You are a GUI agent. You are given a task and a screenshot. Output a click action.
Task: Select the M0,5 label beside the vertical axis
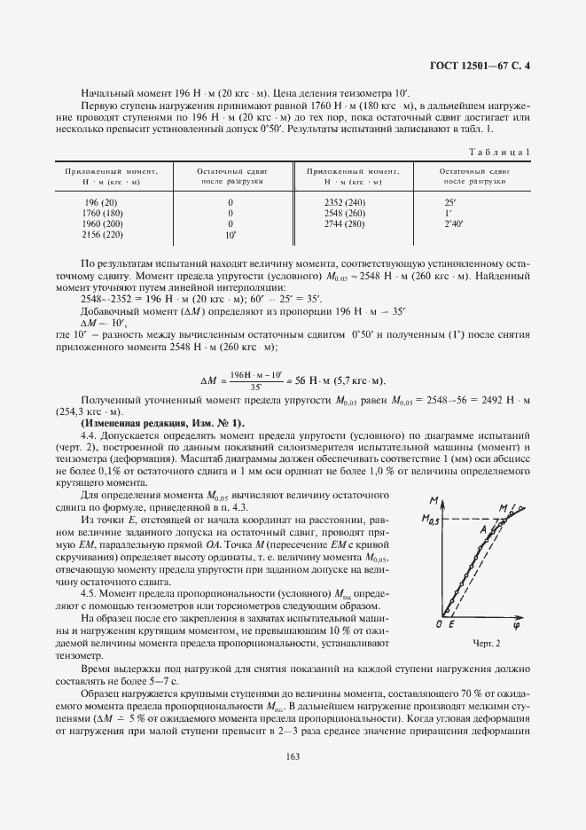430,521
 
